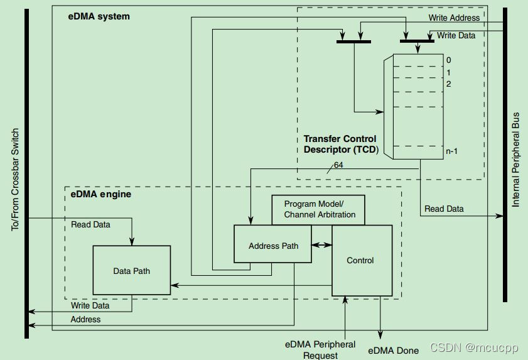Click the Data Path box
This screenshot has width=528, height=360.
(x=131, y=270)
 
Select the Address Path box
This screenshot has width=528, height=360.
(x=273, y=245)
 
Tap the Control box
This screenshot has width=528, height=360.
(x=362, y=260)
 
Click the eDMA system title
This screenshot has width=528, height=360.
(x=99, y=16)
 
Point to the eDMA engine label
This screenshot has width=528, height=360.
(x=101, y=194)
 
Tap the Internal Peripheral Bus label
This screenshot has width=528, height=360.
(x=516, y=160)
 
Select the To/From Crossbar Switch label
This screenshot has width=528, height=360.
(x=16, y=180)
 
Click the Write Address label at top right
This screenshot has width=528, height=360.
(x=454, y=18)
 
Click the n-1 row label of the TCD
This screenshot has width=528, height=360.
(x=452, y=151)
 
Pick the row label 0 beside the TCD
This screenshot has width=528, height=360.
(x=448, y=60)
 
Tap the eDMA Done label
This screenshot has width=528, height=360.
(x=394, y=350)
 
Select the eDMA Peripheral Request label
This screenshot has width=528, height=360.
(x=320, y=349)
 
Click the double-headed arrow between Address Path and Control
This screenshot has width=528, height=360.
(x=323, y=245)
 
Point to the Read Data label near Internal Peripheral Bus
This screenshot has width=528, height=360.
(x=444, y=209)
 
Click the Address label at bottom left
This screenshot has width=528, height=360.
(x=85, y=319)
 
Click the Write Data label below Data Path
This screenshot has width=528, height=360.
(x=90, y=305)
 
